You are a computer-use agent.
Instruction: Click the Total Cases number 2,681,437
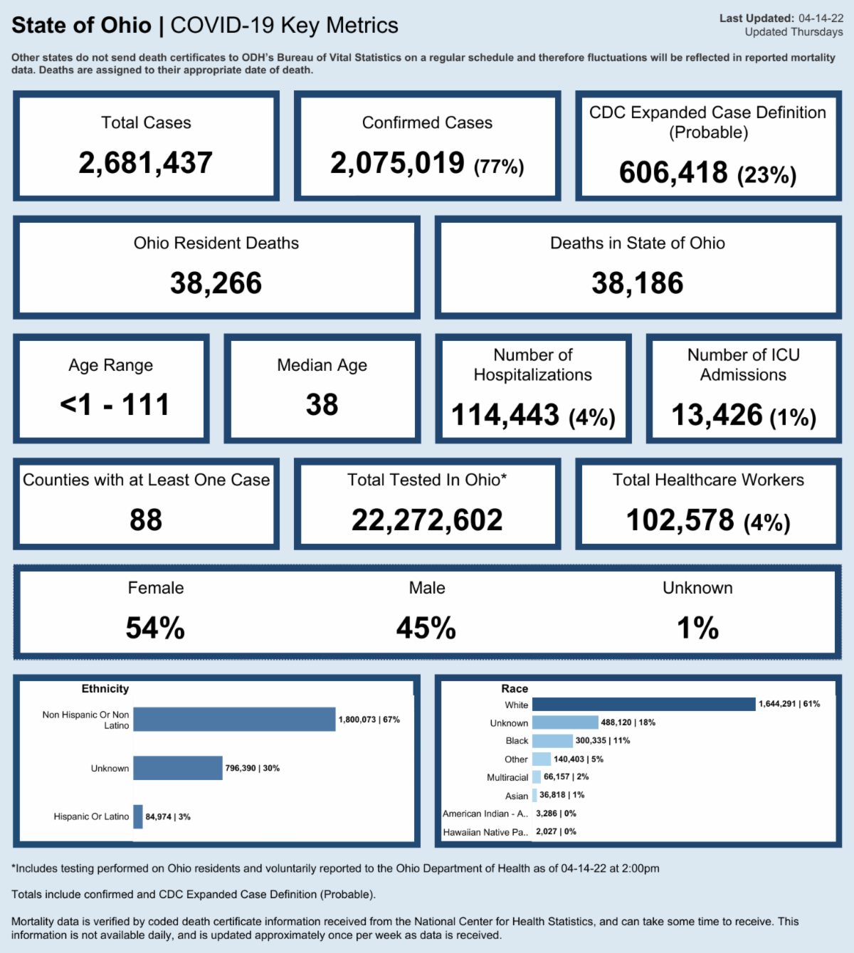[146, 163]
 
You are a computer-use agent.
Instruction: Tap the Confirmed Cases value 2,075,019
[397, 163]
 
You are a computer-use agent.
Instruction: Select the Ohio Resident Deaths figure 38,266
[216, 283]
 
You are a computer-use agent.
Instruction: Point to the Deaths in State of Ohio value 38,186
[638, 283]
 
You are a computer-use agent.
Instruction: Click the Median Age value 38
[322, 405]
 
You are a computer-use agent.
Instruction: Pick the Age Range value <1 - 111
[115, 405]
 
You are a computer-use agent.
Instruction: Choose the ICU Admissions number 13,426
[717, 415]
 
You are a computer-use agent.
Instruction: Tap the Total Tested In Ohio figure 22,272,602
[427, 520]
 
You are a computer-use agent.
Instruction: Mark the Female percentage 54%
[155, 628]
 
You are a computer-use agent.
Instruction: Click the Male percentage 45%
[426, 628]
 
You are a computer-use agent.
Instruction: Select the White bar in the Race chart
[643, 704]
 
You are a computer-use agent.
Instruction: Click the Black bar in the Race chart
[552, 741]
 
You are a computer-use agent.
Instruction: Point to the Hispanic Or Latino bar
[138, 816]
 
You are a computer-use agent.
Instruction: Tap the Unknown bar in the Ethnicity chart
[178, 768]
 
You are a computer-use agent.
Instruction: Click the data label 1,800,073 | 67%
[369, 720]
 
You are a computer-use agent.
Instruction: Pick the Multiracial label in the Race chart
[507, 777]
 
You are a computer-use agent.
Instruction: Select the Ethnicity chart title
[105, 689]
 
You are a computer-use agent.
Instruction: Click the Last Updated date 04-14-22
[821, 19]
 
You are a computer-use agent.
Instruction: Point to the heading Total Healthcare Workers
[708, 480]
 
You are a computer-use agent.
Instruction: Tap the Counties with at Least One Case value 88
[146, 520]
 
